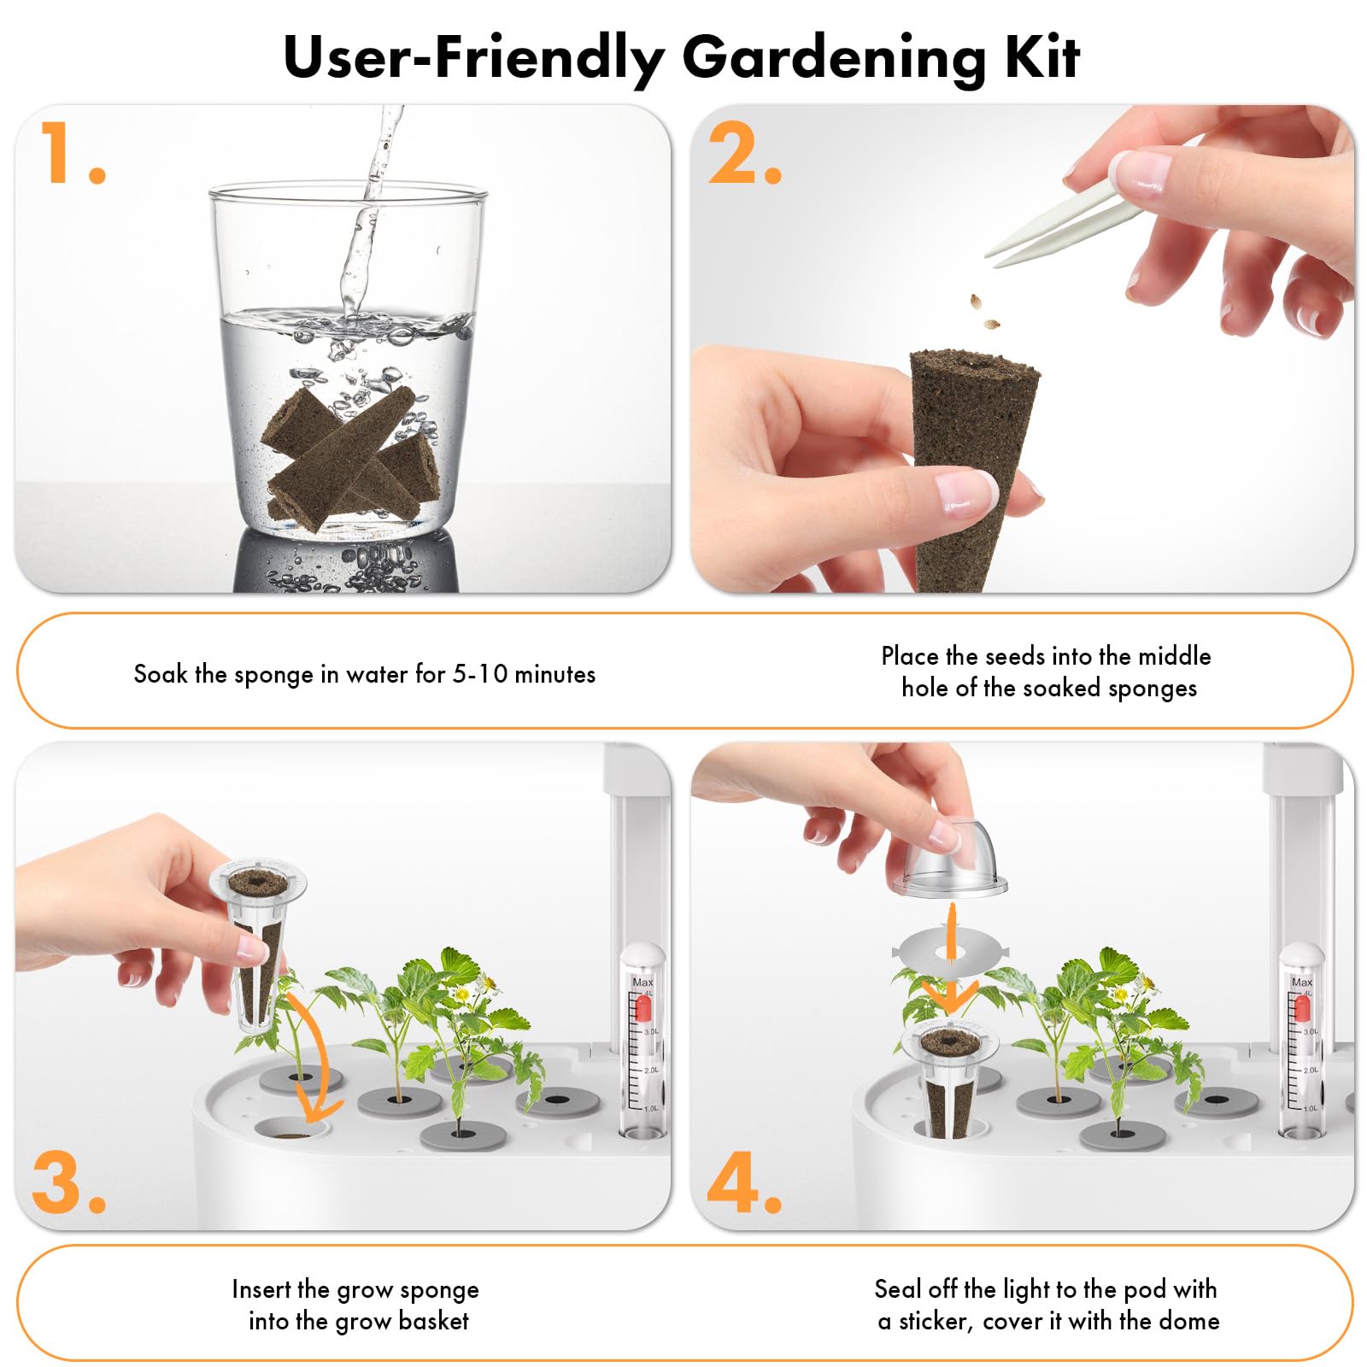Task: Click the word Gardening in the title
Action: coord(836,59)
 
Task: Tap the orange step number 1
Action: coord(72,153)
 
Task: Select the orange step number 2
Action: coord(744,153)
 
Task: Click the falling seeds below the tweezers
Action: coord(983,312)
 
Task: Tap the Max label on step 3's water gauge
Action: coord(642,983)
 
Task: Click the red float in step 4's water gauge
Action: coord(1302,1008)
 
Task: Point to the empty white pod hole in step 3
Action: coord(291,1129)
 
